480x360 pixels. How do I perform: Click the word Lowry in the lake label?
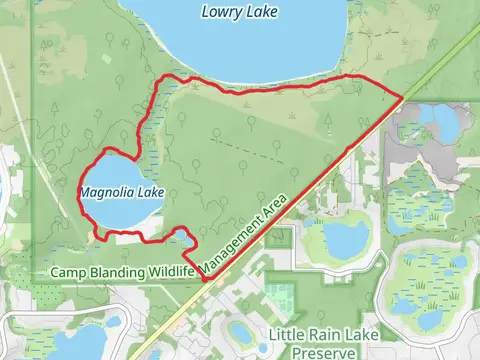(x=220, y=12)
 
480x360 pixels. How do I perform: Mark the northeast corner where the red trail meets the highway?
(x=402, y=97)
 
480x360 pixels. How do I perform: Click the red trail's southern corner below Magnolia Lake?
(x=204, y=281)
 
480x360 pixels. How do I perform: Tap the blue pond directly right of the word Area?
(x=345, y=238)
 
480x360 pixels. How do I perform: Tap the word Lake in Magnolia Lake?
(x=153, y=191)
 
